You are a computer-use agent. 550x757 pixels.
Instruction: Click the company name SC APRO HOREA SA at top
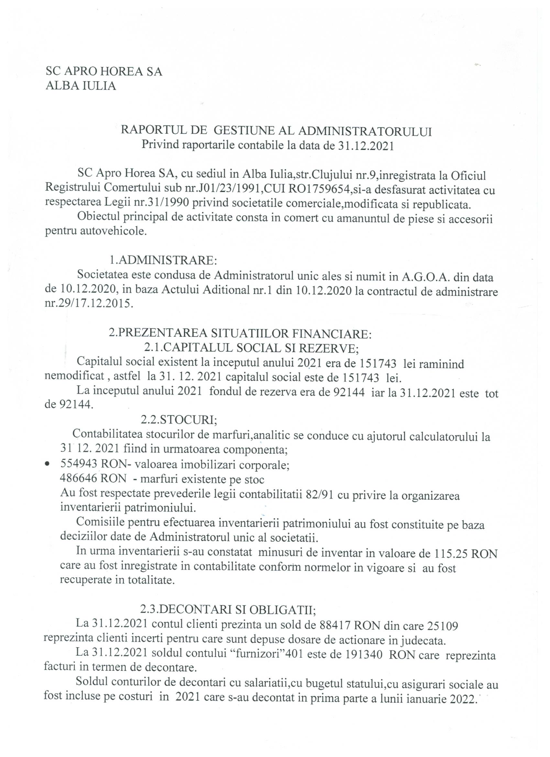[x=104, y=72]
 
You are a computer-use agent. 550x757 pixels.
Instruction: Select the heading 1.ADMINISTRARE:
[x=163, y=259]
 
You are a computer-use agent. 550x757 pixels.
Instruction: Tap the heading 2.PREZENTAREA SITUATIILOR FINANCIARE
[x=240, y=333]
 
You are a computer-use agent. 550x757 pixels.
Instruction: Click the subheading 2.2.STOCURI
[x=179, y=420]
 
